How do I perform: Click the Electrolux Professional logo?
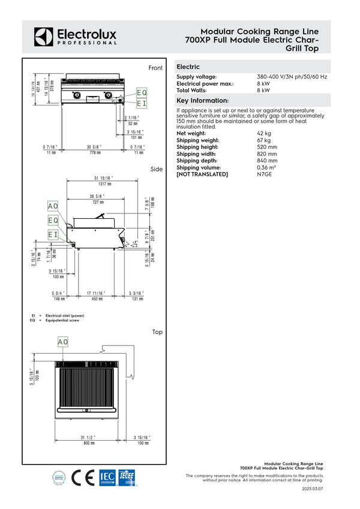[x=75, y=37]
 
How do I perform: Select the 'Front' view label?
[x=155, y=68]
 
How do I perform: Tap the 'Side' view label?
[x=157, y=169]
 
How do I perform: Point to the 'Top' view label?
[x=157, y=332]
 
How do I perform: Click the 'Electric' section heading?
[x=188, y=67]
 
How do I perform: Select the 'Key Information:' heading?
[x=202, y=101]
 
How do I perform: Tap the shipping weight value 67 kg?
[x=263, y=140]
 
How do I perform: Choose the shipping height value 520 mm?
[x=267, y=147]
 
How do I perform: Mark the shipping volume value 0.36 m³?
[x=267, y=167]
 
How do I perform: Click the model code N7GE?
[x=264, y=174]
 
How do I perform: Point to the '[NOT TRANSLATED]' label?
[x=202, y=174]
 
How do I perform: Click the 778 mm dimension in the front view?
[x=93, y=153]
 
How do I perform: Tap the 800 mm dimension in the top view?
[x=89, y=443]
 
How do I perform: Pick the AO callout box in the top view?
[x=63, y=342]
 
